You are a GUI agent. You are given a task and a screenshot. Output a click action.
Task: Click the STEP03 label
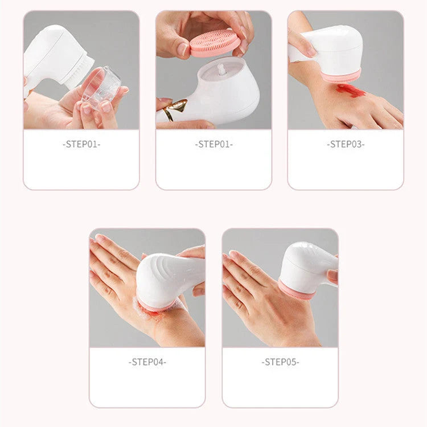346,144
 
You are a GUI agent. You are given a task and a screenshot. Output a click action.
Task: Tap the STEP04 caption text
147,362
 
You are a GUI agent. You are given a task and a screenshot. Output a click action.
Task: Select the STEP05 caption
280,362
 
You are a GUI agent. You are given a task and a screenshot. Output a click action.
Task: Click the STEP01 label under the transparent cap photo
81,144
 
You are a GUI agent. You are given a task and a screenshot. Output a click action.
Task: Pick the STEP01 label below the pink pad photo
213,144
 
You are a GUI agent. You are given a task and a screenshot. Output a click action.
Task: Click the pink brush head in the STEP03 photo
340,76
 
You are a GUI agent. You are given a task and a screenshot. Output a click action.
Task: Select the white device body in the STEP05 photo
307,265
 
